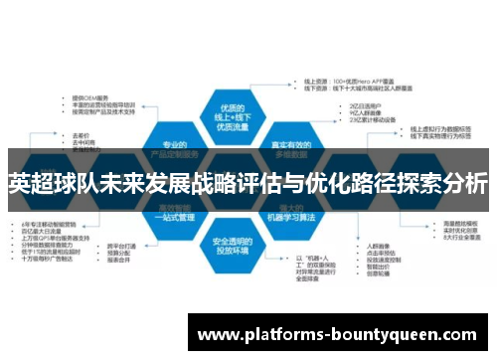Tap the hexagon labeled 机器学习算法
point(289,213)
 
